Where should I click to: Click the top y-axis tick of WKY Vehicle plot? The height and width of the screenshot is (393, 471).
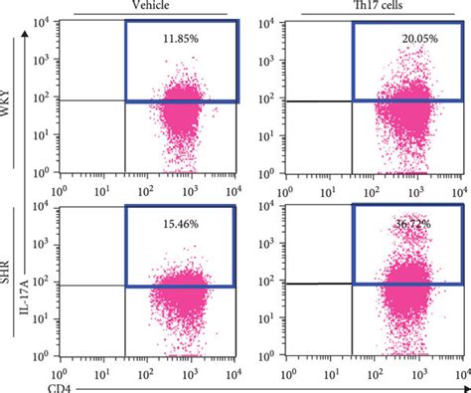point(45,21)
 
